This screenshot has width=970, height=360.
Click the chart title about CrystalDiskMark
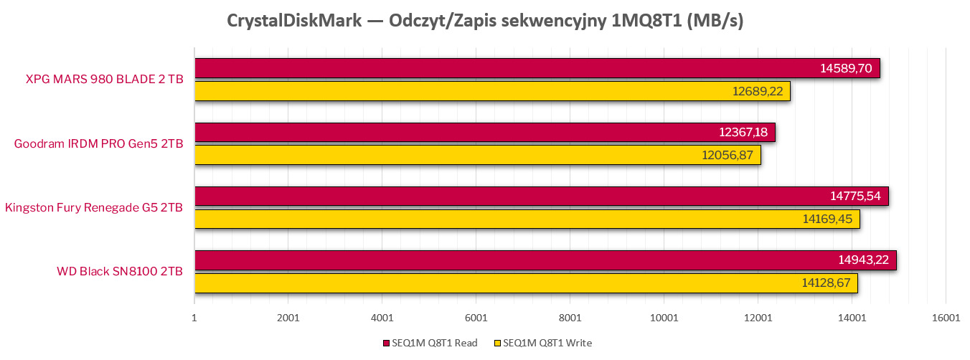tap(485, 21)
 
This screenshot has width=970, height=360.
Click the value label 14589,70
tap(846, 69)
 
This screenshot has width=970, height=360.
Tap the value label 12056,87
tap(727, 155)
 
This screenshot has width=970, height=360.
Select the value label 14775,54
tap(854, 196)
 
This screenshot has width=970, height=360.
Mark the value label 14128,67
tap(826, 283)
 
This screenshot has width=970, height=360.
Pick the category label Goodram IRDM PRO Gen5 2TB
tap(98, 143)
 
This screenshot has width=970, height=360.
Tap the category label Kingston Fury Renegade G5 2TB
tap(93, 208)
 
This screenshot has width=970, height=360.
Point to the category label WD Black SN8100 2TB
tap(120, 272)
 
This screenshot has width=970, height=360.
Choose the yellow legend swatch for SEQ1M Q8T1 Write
tap(499, 344)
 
